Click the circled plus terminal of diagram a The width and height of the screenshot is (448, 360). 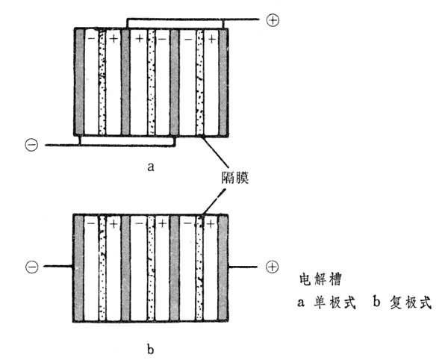(x=273, y=22)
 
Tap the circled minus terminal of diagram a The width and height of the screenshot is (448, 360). (x=31, y=145)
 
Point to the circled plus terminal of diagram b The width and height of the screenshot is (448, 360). (x=273, y=267)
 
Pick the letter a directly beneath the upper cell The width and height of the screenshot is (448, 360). (x=152, y=167)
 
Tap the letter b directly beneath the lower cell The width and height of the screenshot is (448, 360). (x=152, y=347)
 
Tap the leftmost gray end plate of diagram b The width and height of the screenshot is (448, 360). (x=78, y=267)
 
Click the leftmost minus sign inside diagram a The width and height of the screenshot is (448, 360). (x=90, y=36)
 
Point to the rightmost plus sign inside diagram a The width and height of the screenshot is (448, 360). (x=212, y=36)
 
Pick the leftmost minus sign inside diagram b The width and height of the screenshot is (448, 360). (x=90, y=223)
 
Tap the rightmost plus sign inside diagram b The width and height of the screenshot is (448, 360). (x=212, y=223)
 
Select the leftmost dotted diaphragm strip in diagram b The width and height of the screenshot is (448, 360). (x=102, y=267)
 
